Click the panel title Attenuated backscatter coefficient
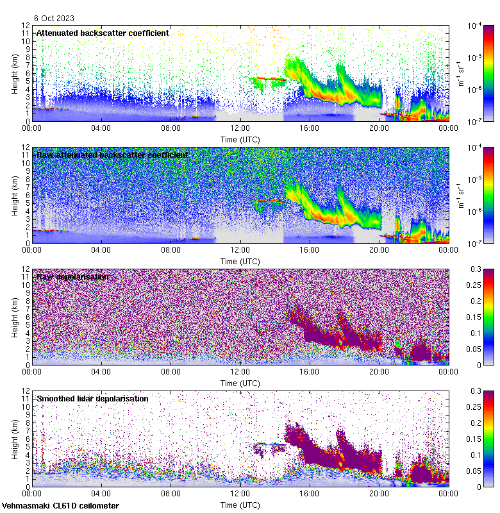[103, 33]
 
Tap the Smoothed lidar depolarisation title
[92, 398]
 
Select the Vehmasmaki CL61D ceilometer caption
[60, 506]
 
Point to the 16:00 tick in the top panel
[310, 128]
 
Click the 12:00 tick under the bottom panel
[240, 493]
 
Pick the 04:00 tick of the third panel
[101, 371]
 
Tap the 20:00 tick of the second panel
[379, 249]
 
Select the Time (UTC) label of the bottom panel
[240, 505]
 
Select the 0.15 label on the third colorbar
[477, 317]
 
